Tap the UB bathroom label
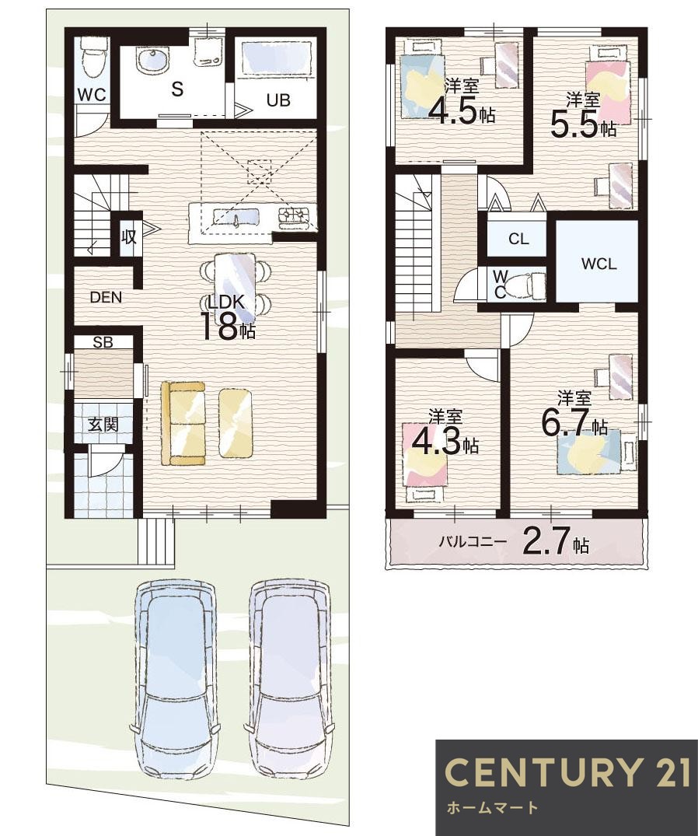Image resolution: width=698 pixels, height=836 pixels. click(278, 100)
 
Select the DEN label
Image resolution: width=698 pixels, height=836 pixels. click(106, 296)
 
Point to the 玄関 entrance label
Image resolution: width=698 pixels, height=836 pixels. click(102, 425)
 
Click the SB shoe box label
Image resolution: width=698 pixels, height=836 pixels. click(103, 341)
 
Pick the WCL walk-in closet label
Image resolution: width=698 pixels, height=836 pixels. click(599, 264)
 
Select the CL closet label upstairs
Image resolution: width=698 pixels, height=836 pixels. click(518, 240)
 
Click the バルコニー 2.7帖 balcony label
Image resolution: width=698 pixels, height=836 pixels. click(514, 542)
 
